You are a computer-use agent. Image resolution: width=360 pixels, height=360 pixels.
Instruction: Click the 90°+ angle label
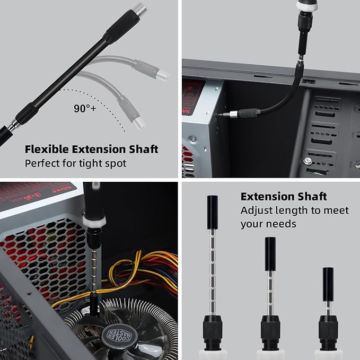(x=85, y=109)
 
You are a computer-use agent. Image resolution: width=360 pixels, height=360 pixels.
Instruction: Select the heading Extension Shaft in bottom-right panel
(x=284, y=197)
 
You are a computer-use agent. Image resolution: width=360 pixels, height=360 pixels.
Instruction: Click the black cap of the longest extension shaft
(x=213, y=205)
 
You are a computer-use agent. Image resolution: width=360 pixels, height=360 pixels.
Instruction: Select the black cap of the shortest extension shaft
(x=328, y=277)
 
